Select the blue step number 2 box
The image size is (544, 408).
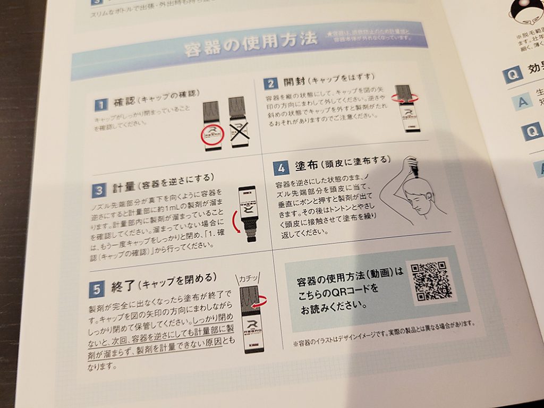coord(271,83)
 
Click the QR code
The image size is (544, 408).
coord(431,282)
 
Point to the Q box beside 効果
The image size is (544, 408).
coord(513,75)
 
